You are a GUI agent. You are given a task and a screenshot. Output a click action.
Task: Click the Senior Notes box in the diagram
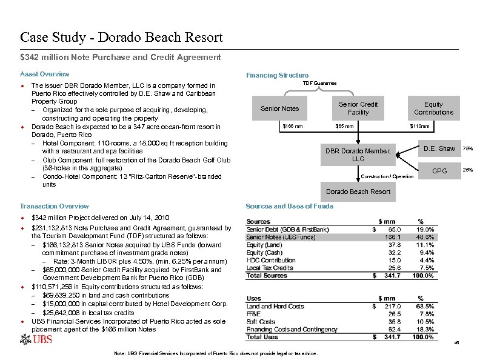279,108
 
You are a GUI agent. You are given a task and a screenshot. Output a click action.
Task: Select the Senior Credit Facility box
358,108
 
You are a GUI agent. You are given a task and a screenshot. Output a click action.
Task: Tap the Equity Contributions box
433,108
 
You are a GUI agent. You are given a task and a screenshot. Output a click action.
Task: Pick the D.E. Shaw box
439,148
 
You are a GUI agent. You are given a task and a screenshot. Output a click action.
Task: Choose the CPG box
439,171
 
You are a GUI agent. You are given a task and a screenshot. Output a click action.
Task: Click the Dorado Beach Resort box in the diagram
358,192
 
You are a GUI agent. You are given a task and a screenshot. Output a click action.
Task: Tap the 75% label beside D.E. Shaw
468,148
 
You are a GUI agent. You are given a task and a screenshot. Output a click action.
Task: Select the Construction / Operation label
387,176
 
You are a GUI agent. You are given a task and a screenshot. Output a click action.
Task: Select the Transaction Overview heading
54,206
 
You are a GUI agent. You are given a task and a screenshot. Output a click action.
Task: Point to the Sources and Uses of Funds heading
289,206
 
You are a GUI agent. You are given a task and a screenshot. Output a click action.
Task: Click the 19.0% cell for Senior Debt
425,230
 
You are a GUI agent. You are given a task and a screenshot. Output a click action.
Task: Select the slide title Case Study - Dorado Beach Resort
121,38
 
